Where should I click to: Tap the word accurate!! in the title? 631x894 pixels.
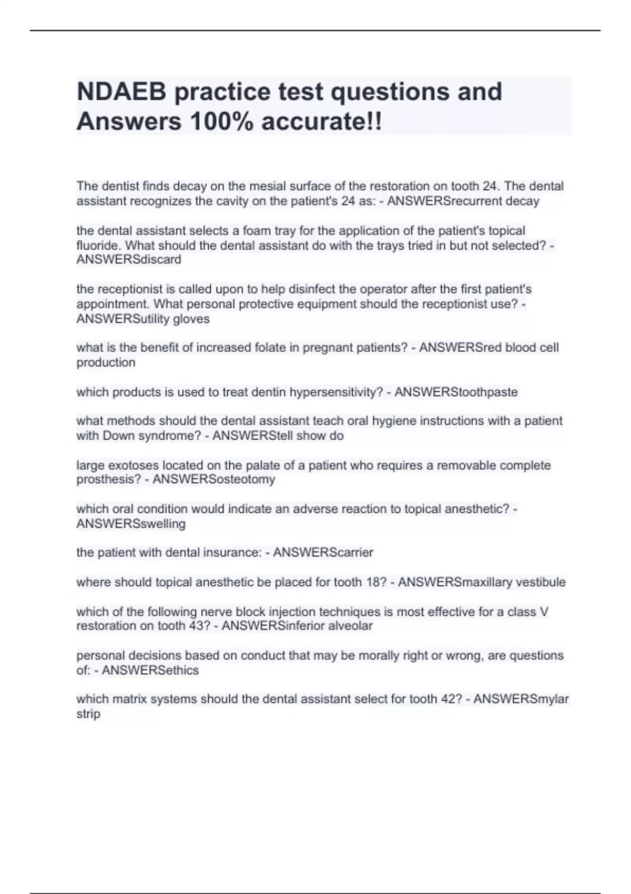(x=322, y=122)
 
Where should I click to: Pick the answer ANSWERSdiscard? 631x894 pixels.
(x=129, y=259)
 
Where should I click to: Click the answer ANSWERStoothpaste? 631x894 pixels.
(x=456, y=392)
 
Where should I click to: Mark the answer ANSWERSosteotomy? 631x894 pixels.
(x=213, y=479)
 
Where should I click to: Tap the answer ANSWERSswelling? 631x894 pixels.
(x=131, y=524)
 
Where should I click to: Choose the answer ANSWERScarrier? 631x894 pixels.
(x=323, y=552)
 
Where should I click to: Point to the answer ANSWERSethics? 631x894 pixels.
(x=150, y=670)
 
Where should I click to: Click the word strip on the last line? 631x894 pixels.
(x=88, y=714)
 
